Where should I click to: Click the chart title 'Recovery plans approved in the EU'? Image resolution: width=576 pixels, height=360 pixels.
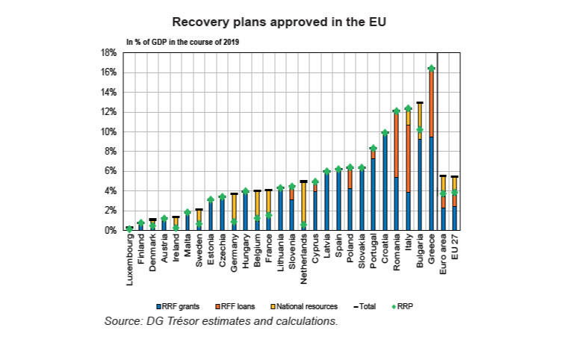coord(288,21)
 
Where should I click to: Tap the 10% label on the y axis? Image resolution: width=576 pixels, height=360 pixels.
coord(108,132)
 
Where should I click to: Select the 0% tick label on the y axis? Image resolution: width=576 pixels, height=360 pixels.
coord(110,231)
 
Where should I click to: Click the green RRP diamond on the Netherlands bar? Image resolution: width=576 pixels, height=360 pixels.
coord(303,225)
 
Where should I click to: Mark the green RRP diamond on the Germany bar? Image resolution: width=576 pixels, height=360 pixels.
coord(234,222)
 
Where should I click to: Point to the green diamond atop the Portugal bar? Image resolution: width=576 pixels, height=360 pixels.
coord(373,148)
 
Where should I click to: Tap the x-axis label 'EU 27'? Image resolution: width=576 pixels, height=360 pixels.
coord(455,249)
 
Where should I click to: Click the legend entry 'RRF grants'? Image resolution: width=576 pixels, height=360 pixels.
coord(179,306)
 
